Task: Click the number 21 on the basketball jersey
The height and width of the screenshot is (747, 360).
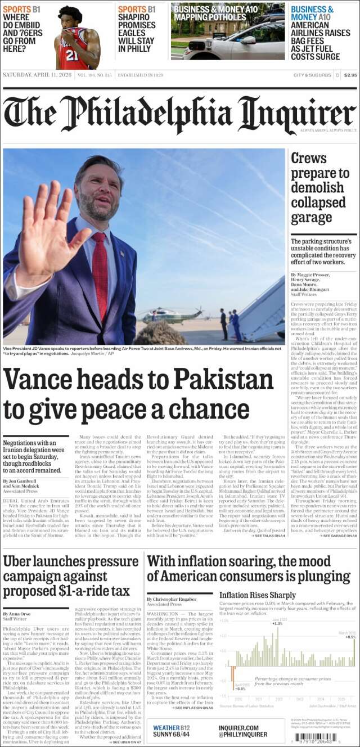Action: coord(72,55)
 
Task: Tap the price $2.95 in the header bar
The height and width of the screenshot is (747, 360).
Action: coord(350,75)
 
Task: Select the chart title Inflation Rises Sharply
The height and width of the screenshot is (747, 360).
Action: coord(257,595)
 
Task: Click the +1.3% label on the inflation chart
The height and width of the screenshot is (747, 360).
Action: coord(277,623)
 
